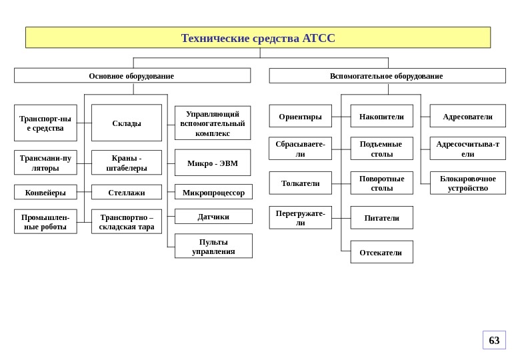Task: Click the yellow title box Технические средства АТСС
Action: pyautogui.click(x=258, y=38)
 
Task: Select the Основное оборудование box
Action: pyautogui.click(x=132, y=76)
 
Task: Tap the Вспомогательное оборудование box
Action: pyautogui.click(x=387, y=76)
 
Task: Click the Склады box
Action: pyautogui.click(x=127, y=123)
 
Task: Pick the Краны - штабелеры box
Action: pyautogui.click(x=127, y=163)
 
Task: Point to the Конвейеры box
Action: pyautogui.click(x=45, y=193)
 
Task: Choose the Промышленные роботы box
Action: pyautogui.click(x=45, y=222)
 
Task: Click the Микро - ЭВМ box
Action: pyautogui.click(x=213, y=163)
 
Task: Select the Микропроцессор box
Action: pyautogui.click(x=213, y=193)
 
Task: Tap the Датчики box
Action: pyautogui.click(x=213, y=217)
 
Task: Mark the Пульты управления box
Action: pyautogui.click(x=213, y=246)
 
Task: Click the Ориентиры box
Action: pyautogui.click(x=300, y=117)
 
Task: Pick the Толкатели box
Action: pyautogui.click(x=300, y=183)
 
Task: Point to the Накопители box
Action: pyautogui.click(x=381, y=117)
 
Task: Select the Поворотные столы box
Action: pyautogui.click(x=381, y=183)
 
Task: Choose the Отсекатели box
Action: pyautogui.click(x=381, y=253)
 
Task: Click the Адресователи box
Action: pyautogui.click(x=467, y=117)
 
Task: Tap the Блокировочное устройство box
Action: pyautogui.click(x=467, y=183)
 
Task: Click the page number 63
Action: pyautogui.click(x=494, y=341)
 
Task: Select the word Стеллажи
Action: pyautogui.click(x=127, y=193)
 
